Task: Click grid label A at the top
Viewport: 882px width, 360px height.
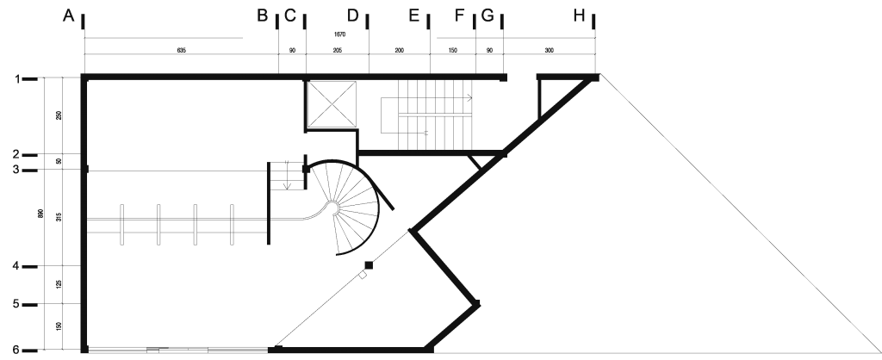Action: (x=68, y=16)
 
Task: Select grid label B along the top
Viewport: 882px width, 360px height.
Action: (x=263, y=16)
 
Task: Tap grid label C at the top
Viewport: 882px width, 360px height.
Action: (x=290, y=16)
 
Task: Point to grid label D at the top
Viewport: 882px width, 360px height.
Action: (x=353, y=16)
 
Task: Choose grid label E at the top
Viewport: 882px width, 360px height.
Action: (x=413, y=16)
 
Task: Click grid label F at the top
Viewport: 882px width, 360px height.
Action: (x=460, y=16)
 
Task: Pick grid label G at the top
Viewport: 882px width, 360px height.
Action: (x=488, y=16)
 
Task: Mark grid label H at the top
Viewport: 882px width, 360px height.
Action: (x=580, y=16)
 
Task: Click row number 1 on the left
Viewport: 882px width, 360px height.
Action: (x=16, y=79)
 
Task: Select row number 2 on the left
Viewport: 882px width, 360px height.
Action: (x=16, y=154)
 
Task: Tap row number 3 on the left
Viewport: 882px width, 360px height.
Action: (x=16, y=170)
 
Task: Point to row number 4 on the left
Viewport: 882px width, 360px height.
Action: (x=16, y=267)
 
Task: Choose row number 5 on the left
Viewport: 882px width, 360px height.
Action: (x=16, y=304)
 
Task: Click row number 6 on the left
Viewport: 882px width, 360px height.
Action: (x=16, y=350)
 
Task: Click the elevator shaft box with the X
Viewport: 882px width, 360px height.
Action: (x=332, y=103)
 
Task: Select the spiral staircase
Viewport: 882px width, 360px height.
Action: (x=345, y=207)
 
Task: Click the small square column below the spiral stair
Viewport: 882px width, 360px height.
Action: (x=368, y=264)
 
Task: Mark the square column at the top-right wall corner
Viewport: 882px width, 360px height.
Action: (x=595, y=78)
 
